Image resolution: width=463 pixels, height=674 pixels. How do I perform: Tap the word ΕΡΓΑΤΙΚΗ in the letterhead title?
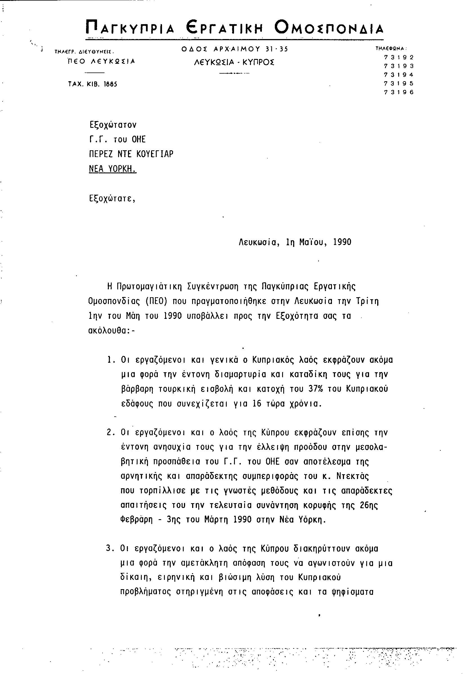click(x=224, y=28)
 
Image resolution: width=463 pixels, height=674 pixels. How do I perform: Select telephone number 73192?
click(x=399, y=57)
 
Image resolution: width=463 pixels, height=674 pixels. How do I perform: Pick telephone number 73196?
click(x=399, y=92)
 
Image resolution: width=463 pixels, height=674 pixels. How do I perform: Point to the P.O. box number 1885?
click(x=110, y=84)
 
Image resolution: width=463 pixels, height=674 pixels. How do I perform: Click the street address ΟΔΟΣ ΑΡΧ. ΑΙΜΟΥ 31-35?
click(x=235, y=49)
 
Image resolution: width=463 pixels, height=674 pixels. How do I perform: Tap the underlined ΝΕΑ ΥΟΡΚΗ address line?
click(x=113, y=169)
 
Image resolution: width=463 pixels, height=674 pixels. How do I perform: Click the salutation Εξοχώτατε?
click(x=112, y=199)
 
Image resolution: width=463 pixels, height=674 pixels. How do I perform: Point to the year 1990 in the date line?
click(x=342, y=242)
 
